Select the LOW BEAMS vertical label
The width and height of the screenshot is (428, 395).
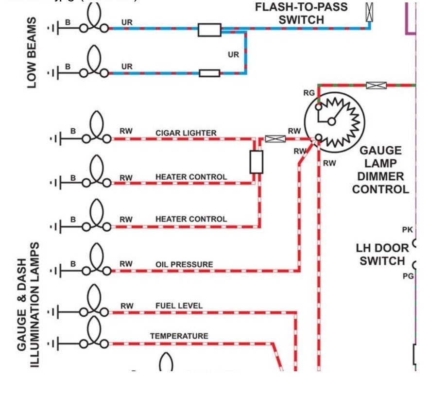pyautogui.click(x=32, y=52)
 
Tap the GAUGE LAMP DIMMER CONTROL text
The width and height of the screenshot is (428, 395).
pyautogui.click(x=380, y=170)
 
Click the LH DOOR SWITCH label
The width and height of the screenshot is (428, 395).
pyautogui.click(x=382, y=254)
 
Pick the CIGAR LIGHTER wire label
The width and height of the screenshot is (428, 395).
pyautogui.click(x=186, y=133)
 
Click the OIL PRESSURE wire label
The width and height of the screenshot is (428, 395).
pyautogui.click(x=184, y=264)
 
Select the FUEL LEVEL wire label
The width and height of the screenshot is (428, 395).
pyautogui.click(x=179, y=306)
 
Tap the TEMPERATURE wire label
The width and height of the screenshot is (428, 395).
pyautogui.click(x=179, y=336)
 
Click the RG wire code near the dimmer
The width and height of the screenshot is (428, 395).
pyautogui.click(x=309, y=92)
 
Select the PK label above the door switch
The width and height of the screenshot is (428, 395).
pyautogui.click(x=407, y=229)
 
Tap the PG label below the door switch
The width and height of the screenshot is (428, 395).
pyautogui.click(x=407, y=276)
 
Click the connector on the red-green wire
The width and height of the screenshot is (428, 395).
pyautogui.click(x=376, y=86)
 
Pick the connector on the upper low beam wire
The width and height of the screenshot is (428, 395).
pyautogui.click(x=209, y=30)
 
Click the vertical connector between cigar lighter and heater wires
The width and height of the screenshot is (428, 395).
pyautogui.click(x=256, y=162)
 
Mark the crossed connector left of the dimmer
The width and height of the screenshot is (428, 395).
pyautogui.click(x=275, y=139)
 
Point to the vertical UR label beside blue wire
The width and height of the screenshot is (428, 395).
pyautogui.click(x=234, y=54)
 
